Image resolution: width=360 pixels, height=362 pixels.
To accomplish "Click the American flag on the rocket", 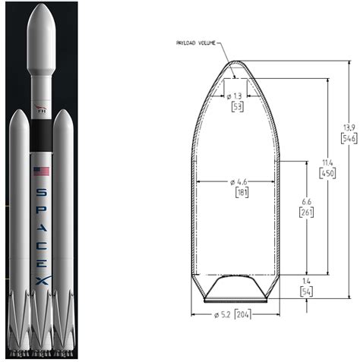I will [x=41, y=172].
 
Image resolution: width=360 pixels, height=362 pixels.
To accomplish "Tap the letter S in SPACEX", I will [x=41, y=193].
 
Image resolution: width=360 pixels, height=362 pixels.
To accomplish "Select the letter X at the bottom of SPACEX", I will [x=41, y=282].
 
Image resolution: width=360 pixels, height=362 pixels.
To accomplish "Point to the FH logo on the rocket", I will [x=41, y=108].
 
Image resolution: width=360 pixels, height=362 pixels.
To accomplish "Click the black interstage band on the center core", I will [x=41, y=137].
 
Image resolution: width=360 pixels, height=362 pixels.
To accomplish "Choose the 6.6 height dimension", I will [x=305, y=202].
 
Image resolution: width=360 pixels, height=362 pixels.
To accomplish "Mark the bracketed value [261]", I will [x=305, y=212].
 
